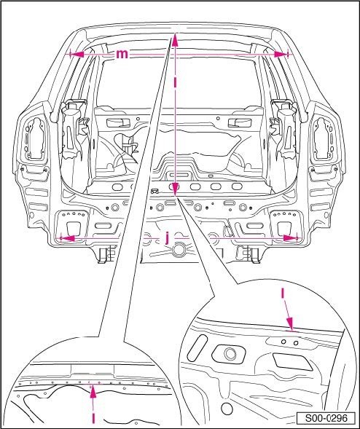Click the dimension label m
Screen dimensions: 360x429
click(122, 54)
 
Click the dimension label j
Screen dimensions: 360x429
click(167, 237)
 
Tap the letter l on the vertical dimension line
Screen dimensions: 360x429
click(175, 82)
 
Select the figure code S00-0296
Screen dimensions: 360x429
click(326, 418)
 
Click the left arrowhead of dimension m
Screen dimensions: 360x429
click(77, 54)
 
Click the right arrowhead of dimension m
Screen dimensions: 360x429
click(281, 55)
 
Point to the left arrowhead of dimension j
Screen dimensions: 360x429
click(67, 238)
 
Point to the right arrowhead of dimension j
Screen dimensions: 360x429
click(290, 238)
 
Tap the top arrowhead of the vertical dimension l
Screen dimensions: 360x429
click(175, 39)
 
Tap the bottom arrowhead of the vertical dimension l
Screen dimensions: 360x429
click(175, 189)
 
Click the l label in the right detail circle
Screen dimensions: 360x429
click(283, 294)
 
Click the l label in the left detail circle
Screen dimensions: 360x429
click(93, 418)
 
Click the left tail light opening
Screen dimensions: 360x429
click(35, 138)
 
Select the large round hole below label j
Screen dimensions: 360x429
click(179, 250)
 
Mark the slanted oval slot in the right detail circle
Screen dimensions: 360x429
click(197, 347)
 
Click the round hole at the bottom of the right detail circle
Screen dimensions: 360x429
click(227, 409)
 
